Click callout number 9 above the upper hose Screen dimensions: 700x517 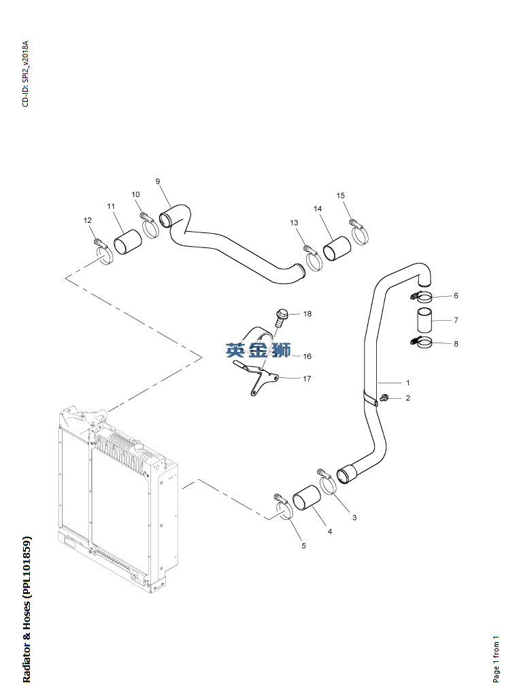(157, 181)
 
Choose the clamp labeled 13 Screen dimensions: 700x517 (314, 260)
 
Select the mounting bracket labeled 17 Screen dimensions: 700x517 (258, 377)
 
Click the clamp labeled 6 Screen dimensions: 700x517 (423, 297)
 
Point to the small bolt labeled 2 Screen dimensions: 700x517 (385, 398)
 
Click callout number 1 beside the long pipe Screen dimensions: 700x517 (407, 383)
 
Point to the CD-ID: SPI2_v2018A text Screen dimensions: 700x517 (26, 74)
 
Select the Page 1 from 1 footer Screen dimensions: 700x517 (497, 659)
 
